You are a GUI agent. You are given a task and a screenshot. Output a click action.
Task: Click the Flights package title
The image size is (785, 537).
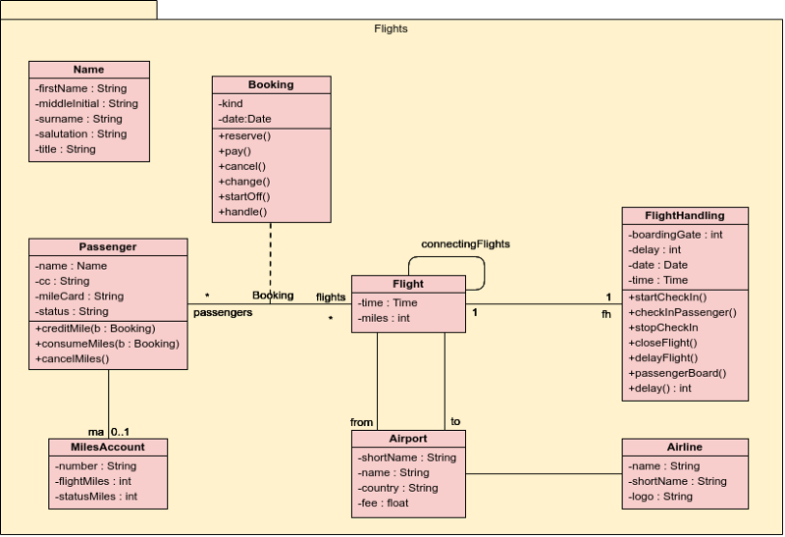(x=391, y=28)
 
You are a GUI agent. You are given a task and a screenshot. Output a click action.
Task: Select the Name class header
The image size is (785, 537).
(x=88, y=70)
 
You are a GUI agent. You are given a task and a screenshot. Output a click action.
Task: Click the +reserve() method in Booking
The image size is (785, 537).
(x=244, y=135)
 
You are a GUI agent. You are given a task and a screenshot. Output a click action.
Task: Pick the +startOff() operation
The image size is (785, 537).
(x=245, y=196)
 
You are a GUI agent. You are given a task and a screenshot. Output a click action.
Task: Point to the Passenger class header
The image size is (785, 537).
(x=108, y=246)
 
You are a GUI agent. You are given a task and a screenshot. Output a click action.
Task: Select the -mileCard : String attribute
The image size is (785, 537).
(x=79, y=295)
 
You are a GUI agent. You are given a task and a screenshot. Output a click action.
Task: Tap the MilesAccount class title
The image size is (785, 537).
(x=108, y=447)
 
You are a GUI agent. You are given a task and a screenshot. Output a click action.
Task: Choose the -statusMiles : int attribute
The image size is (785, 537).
(x=96, y=497)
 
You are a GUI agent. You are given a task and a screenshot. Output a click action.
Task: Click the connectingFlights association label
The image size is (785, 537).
(x=465, y=243)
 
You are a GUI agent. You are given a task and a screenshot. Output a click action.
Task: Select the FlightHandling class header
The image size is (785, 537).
(x=685, y=215)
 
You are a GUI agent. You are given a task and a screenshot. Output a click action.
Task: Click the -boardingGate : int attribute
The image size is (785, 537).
(x=675, y=234)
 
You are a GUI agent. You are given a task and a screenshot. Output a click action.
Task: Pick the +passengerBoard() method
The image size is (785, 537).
(x=677, y=373)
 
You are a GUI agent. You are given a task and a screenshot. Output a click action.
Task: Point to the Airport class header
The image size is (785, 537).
(x=408, y=439)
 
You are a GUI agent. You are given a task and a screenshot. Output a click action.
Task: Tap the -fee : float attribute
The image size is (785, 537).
(x=384, y=503)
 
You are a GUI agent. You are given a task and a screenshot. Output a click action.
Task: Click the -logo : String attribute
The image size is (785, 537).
(x=661, y=497)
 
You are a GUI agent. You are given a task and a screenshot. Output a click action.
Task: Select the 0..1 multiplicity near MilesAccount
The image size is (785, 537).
(x=120, y=431)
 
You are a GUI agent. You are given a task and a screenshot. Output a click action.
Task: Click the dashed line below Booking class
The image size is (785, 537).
(x=271, y=255)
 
